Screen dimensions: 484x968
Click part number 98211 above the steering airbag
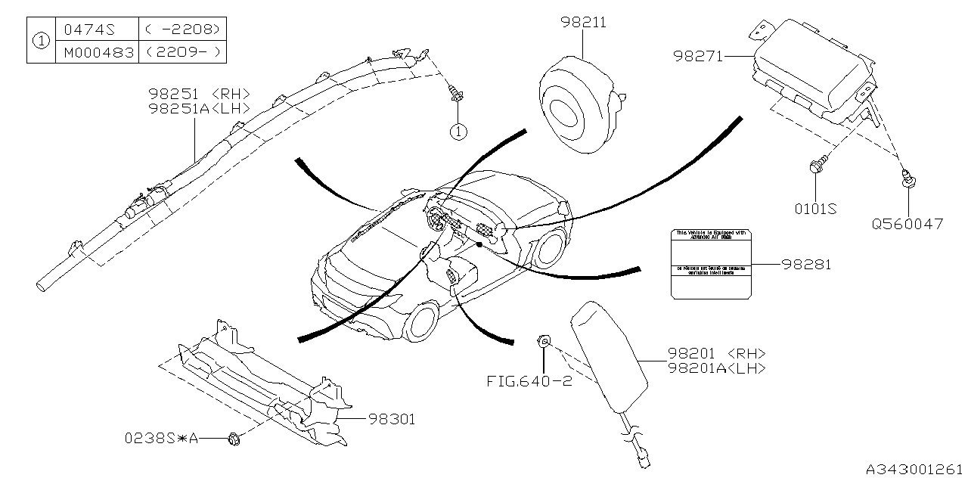[x=583, y=23]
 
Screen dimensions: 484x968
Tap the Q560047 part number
[x=907, y=224]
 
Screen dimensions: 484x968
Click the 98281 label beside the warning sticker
[x=806, y=265]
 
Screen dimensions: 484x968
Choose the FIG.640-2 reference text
[x=529, y=381]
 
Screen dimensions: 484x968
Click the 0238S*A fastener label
[x=162, y=438]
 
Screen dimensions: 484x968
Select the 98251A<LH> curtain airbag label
[x=198, y=108]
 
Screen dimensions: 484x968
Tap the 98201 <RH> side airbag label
[x=716, y=353]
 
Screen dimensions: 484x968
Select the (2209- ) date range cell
[x=183, y=52]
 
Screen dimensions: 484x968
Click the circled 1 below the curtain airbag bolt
[x=458, y=132]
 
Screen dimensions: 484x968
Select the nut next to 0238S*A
[x=233, y=437]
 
